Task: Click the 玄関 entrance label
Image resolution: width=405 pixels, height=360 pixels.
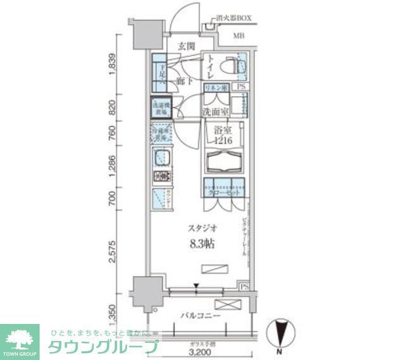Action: click(185, 46)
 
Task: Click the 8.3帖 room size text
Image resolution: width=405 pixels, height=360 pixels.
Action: click(200, 245)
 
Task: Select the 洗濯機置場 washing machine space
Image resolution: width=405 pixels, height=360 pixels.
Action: click(160, 108)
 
